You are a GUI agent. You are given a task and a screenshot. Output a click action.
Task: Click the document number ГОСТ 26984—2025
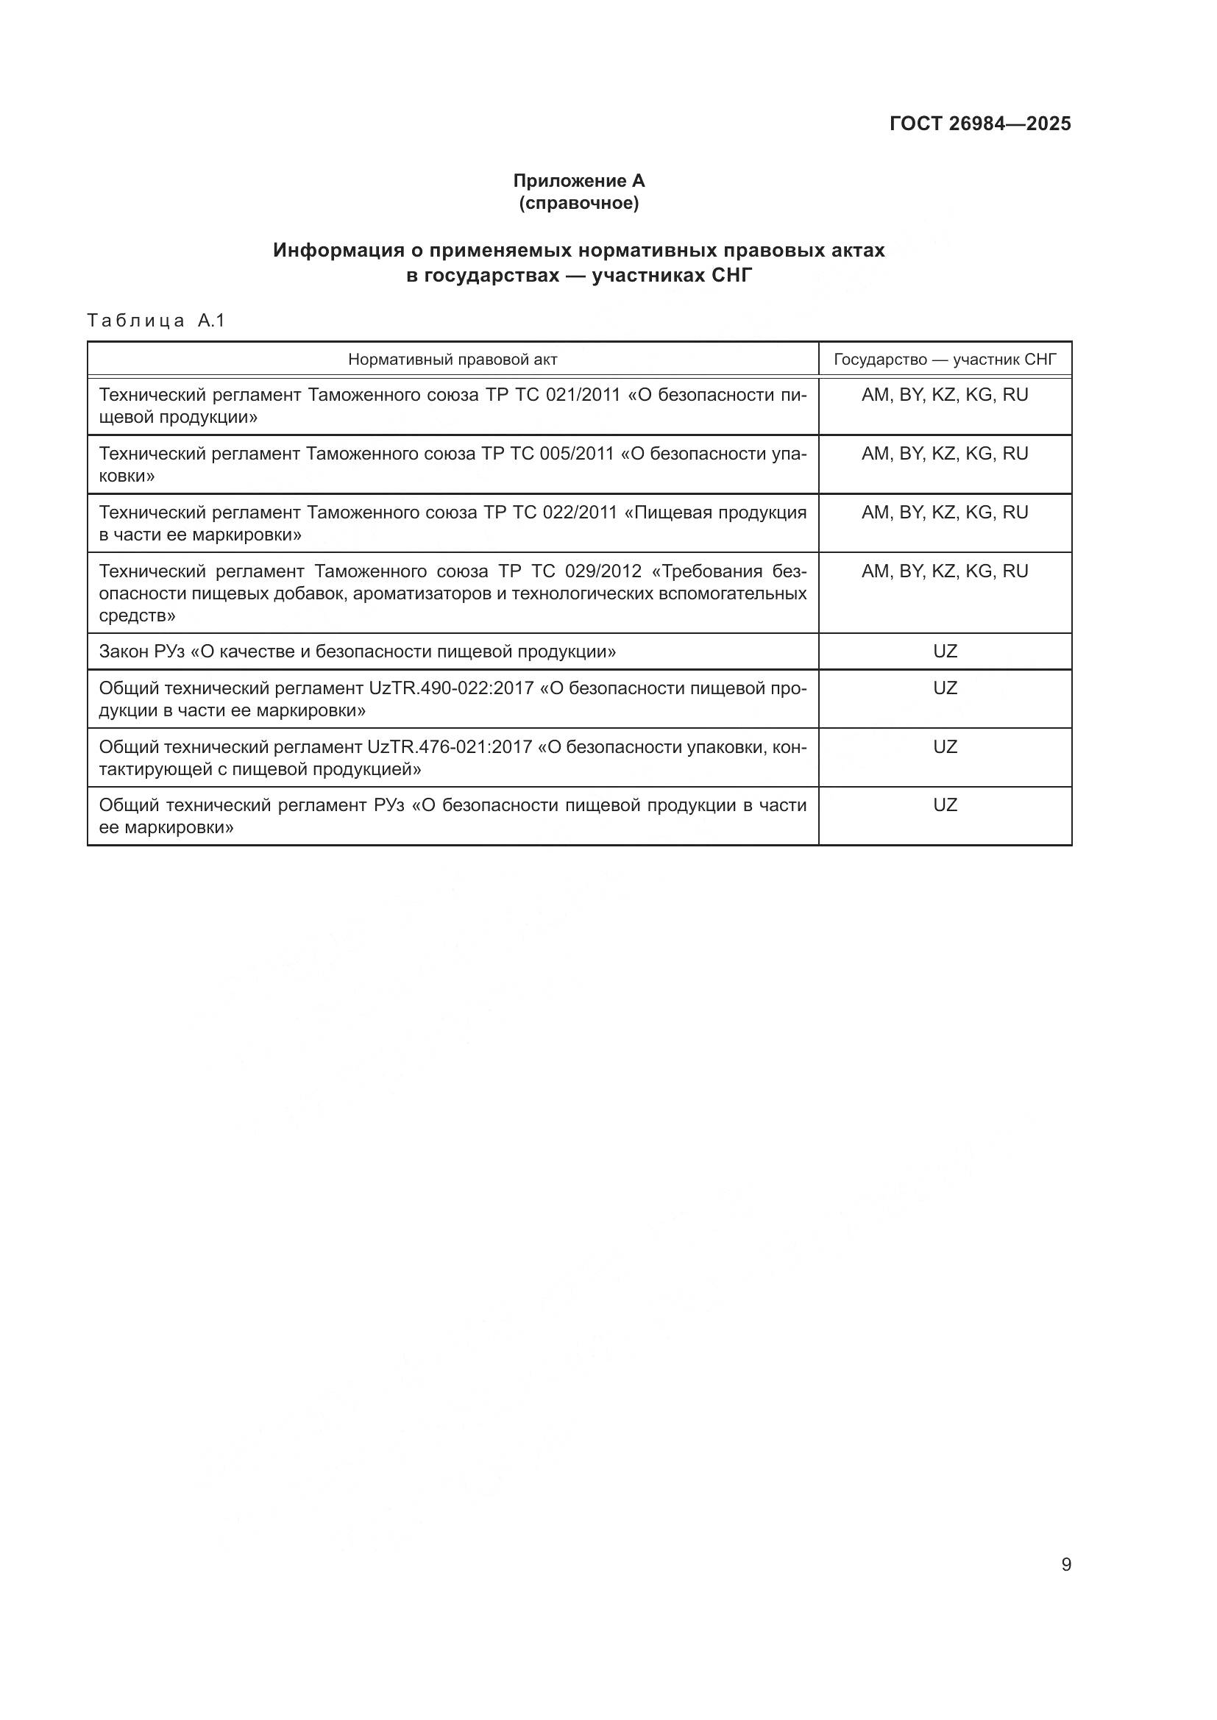click(x=979, y=124)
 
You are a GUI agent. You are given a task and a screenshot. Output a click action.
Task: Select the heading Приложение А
click(x=578, y=181)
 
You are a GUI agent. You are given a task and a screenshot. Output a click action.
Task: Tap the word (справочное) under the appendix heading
click(x=578, y=203)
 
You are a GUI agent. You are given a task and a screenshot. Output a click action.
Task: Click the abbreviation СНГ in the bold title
click(x=731, y=276)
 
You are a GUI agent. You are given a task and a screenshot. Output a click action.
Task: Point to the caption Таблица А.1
click(x=156, y=321)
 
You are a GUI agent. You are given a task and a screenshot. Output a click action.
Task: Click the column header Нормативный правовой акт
click(x=453, y=360)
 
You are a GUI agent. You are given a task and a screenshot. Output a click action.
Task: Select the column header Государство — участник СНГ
click(x=945, y=360)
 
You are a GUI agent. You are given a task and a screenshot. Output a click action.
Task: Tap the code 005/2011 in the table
click(x=576, y=454)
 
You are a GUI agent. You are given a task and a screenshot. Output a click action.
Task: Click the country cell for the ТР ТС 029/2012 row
click(x=945, y=571)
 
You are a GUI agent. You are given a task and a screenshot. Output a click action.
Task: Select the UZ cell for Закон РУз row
click(x=945, y=651)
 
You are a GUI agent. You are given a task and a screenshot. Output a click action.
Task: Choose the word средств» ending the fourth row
click(x=137, y=615)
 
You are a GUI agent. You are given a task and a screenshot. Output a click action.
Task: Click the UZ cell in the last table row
click(x=945, y=805)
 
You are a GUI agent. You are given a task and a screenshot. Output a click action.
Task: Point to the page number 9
click(x=1066, y=1564)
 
